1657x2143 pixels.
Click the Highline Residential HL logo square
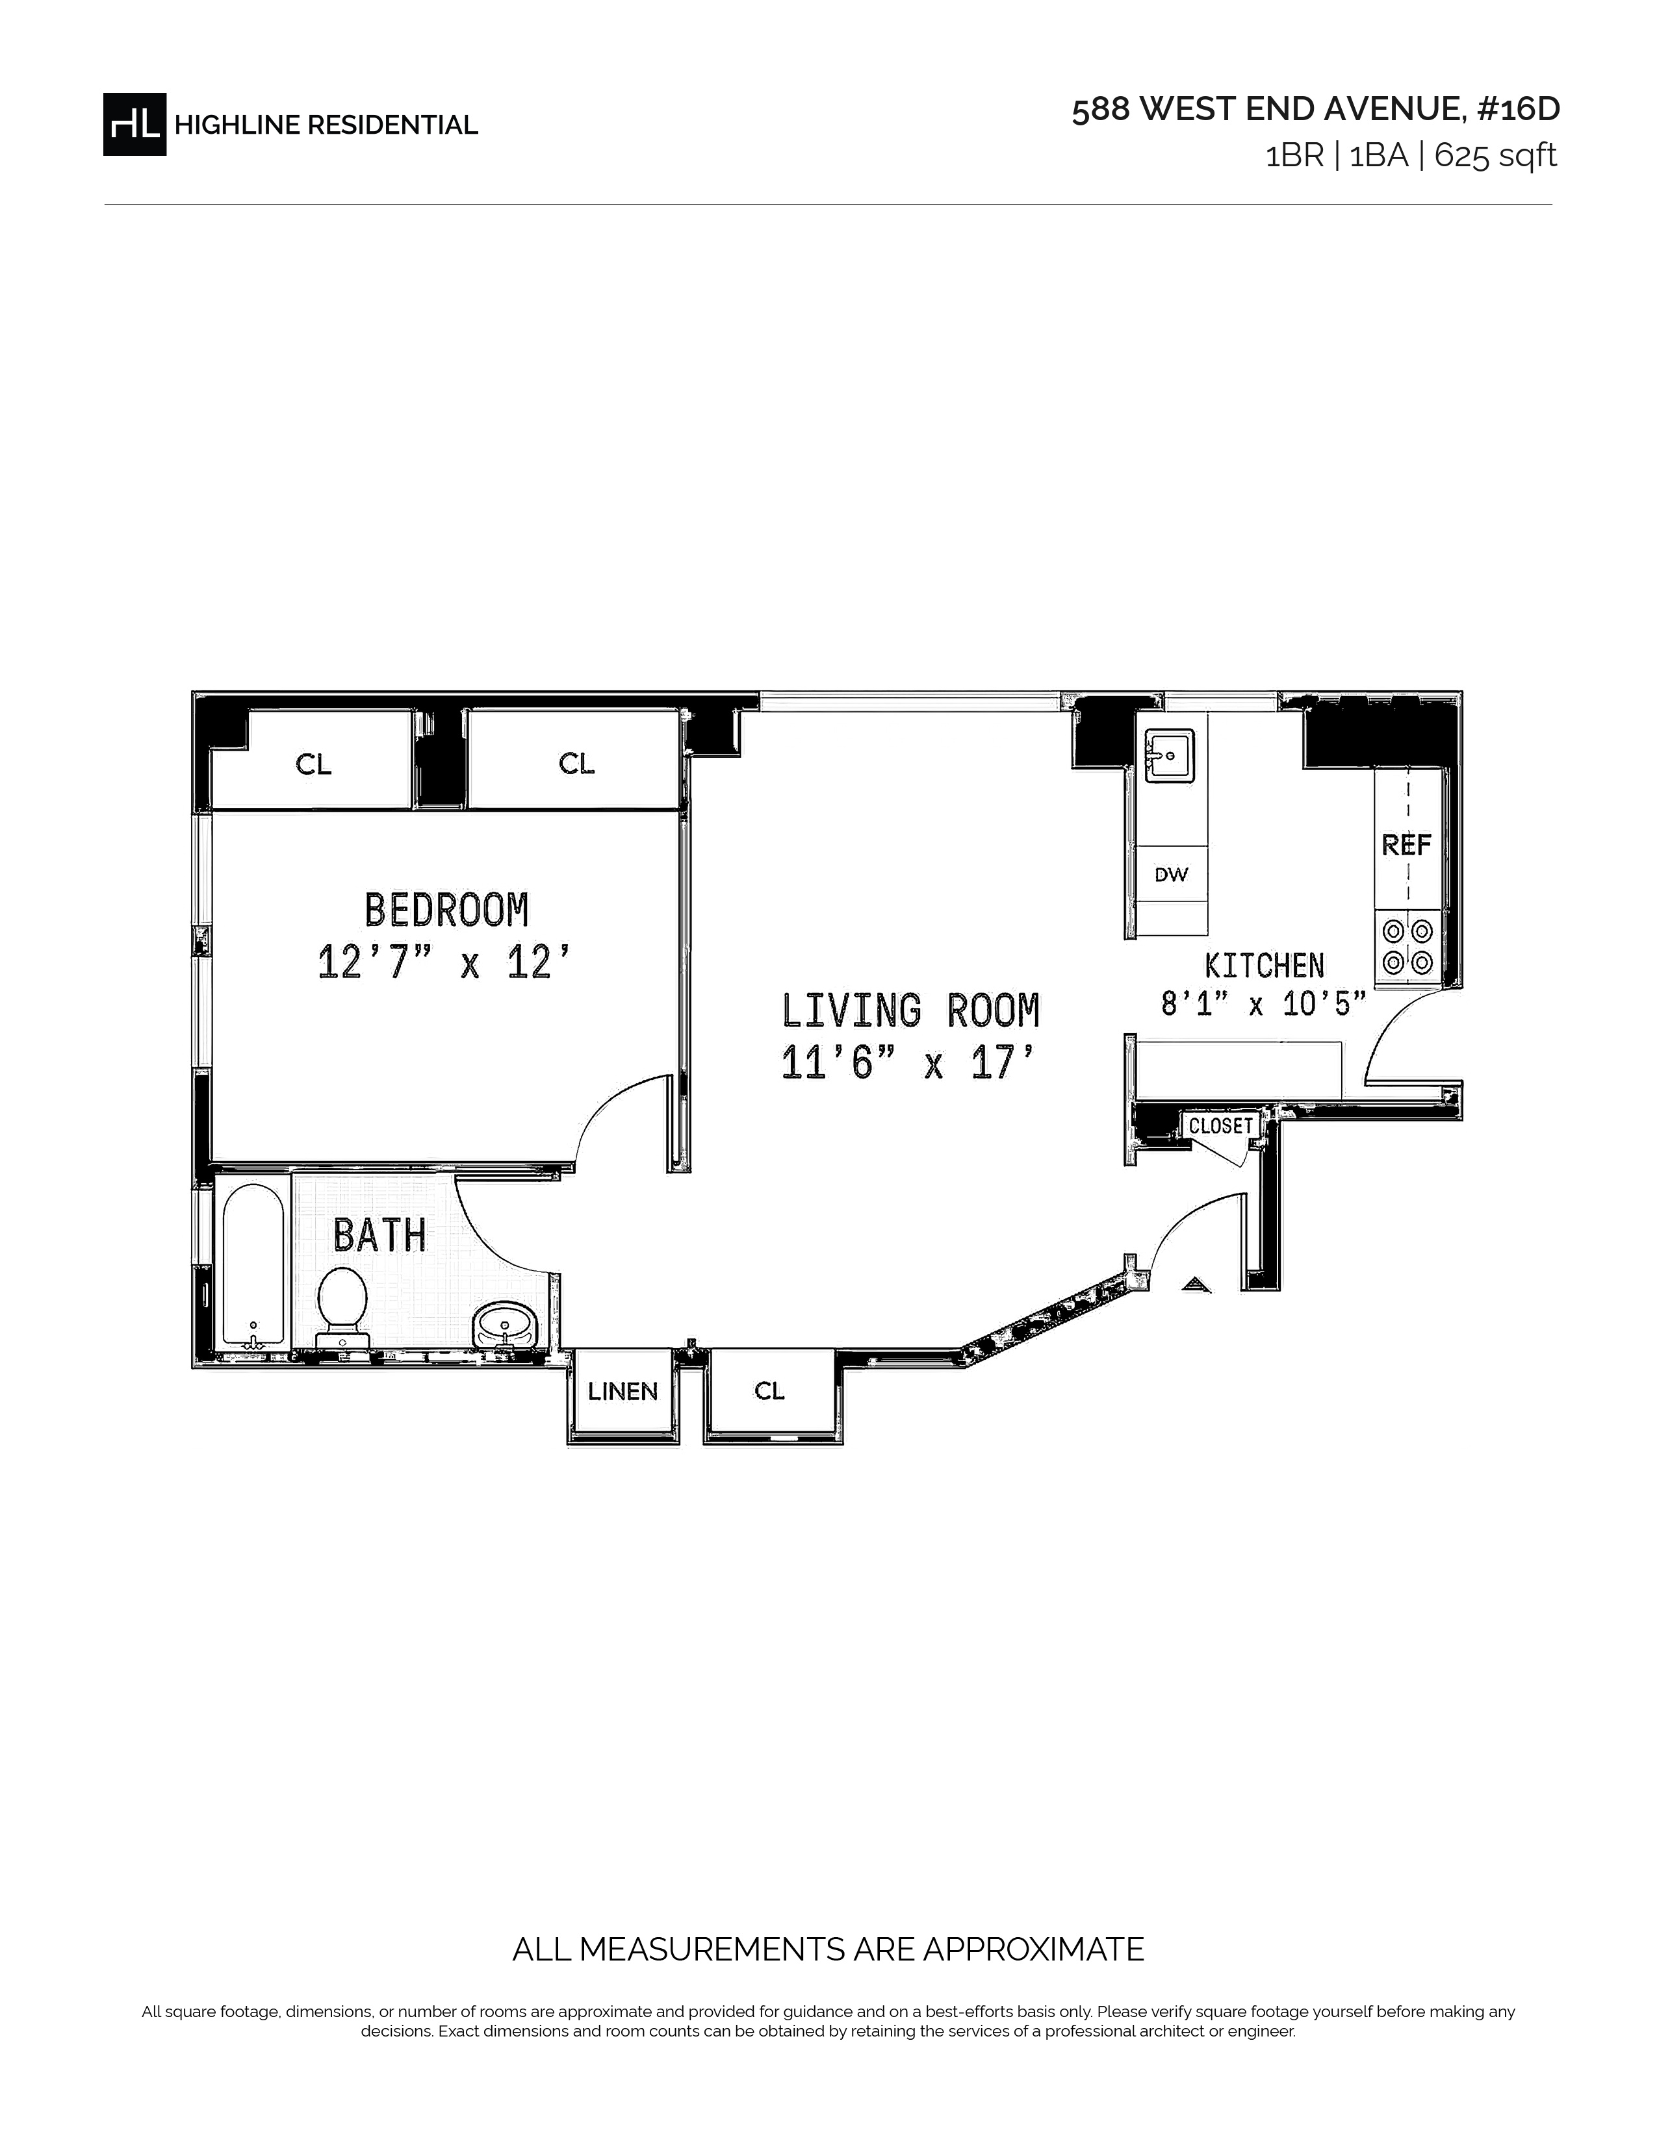click(135, 125)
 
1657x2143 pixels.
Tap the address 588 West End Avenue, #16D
click(1315, 110)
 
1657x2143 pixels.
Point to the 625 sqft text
click(1496, 156)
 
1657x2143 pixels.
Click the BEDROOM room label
click(446, 910)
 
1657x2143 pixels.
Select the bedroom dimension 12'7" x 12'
click(444, 962)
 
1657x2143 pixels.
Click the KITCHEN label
click(1265, 966)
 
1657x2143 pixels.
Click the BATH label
click(380, 1235)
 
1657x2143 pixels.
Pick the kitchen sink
click(1168, 755)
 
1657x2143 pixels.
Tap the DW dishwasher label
click(1171, 874)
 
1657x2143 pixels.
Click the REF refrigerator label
click(1407, 844)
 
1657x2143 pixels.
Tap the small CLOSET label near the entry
click(1220, 1125)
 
